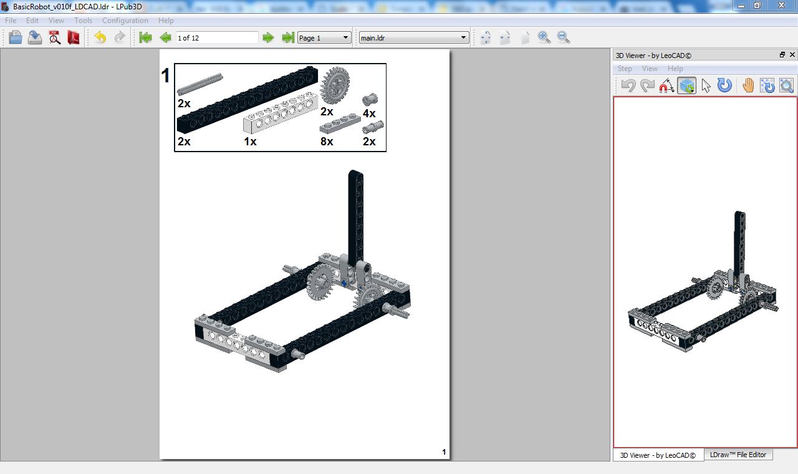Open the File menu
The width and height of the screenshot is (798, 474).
[11, 21]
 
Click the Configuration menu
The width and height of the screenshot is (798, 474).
[125, 21]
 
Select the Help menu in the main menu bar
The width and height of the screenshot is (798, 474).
[166, 21]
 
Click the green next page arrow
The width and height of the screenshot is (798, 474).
[268, 38]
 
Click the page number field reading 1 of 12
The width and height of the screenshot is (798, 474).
[216, 38]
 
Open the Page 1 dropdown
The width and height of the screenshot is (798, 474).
[324, 38]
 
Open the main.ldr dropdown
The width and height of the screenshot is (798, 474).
[413, 38]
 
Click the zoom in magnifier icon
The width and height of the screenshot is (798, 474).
[544, 37]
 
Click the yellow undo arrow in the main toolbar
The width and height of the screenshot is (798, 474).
[100, 37]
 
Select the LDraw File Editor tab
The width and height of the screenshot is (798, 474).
[738, 455]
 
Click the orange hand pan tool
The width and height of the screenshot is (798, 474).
[748, 85]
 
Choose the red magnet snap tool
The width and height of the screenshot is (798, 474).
[666, 86]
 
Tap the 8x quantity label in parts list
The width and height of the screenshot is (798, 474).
[327, 142]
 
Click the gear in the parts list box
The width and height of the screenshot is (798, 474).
[335, 85]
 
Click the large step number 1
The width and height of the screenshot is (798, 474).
[165, 76]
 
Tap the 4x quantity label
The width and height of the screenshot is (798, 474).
[369, 114]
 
